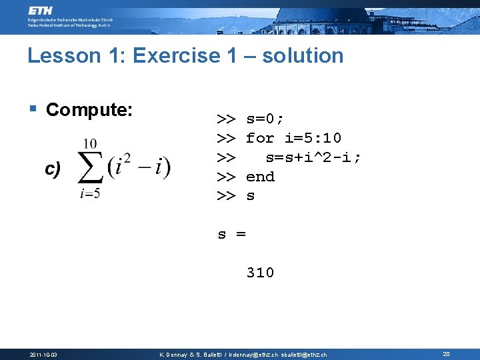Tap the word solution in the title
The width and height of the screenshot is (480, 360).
(x=303, y=56)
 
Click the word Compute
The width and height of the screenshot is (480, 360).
(x=89, y=109)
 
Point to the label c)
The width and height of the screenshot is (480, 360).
(x=53, y=169)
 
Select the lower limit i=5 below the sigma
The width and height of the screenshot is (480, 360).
(x=89, y=194)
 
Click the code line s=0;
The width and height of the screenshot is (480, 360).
(x=265, y=119)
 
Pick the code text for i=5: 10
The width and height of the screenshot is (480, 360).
(x=293, y=138)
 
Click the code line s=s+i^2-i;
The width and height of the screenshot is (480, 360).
(x=313, y=157)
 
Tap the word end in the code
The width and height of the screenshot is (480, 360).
(x=260, y=177)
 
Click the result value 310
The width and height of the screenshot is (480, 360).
(x=260, y=273)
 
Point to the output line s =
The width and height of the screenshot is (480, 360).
(x=232, y=234)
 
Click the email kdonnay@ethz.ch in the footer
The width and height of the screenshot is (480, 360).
(x=254, y=355)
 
